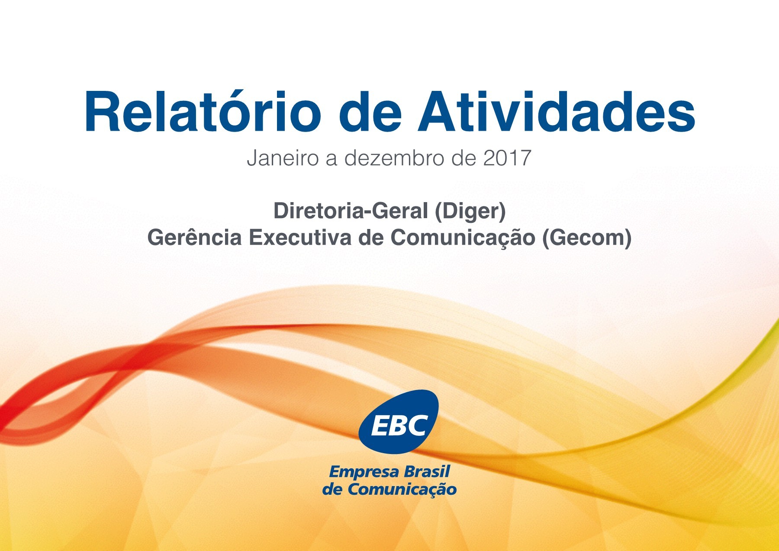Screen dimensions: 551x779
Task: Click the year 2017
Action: point(507,158)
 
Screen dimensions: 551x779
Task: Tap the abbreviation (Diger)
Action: point(470,211)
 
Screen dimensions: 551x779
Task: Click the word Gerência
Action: point(194,238)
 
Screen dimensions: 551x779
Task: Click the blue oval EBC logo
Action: point(399,422)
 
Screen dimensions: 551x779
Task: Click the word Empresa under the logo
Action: point(358,471)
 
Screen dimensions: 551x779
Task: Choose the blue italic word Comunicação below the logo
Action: point(402,490)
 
